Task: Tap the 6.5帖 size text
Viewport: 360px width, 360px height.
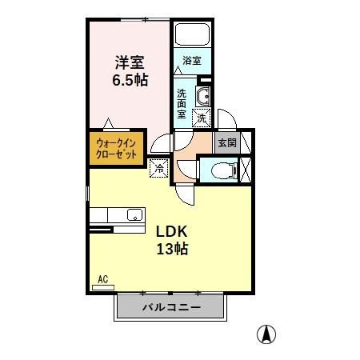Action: [x=128, y=81]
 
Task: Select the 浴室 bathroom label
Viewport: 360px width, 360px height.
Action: [x=191, y=61]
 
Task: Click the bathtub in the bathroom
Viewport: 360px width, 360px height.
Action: [x=191, y=35]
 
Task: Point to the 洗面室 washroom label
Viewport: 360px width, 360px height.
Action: [x=182, y=102]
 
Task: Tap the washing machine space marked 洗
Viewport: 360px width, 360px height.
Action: [x=202, y=118]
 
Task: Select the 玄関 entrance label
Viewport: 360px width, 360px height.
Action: [x=226, y=143]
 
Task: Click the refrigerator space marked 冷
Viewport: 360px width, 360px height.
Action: [x=158, y=168]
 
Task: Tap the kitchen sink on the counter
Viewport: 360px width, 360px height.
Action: [x=133, y=214]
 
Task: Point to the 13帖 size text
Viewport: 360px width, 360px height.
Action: [x=171, y=249]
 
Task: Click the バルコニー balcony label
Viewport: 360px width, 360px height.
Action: [x=170, y=306]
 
